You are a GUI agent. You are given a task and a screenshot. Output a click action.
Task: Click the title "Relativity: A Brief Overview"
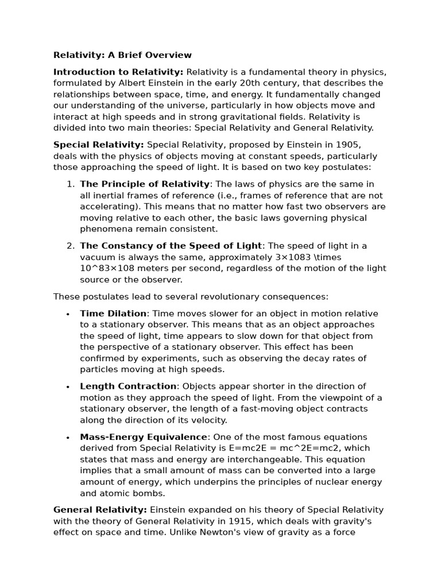122,55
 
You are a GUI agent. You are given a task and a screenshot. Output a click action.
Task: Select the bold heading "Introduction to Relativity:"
118,72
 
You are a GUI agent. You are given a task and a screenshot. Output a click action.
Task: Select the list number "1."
70,184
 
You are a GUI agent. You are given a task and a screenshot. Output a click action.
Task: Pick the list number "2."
70,246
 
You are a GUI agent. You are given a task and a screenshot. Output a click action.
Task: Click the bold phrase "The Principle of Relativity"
145,184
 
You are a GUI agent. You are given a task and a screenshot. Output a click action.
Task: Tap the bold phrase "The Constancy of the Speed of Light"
171,246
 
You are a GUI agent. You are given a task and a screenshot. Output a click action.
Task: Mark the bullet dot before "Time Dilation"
68,314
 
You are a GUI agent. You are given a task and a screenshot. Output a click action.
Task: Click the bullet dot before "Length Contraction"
68,387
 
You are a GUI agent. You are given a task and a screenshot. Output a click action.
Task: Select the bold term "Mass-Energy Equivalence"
144,438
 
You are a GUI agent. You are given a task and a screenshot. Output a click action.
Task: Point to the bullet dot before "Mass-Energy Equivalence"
68,438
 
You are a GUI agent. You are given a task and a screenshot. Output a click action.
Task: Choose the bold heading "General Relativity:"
100,510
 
